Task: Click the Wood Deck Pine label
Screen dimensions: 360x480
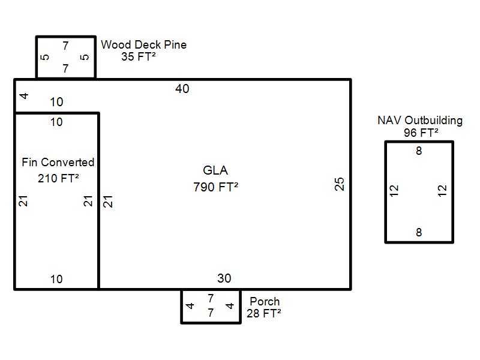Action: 143,45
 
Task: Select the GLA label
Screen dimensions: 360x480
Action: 215,171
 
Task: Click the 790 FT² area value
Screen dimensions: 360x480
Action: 216,187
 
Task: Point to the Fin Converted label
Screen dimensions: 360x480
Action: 58,162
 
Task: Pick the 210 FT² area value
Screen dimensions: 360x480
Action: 58,178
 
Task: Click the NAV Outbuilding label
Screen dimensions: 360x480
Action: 420,120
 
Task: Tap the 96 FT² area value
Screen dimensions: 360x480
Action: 421,133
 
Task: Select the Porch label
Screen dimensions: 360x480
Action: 265,301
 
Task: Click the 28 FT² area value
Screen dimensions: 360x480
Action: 264,313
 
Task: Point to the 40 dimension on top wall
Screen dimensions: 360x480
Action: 182,89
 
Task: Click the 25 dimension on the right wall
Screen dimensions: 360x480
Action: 340,184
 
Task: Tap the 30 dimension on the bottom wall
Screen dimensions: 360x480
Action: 224,278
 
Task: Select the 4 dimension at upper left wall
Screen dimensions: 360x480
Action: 24,96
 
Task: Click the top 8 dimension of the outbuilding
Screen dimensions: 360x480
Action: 419,151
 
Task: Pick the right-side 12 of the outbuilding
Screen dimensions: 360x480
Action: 443,191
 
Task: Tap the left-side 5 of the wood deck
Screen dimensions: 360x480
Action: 44,58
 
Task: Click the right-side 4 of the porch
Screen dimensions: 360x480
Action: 230,306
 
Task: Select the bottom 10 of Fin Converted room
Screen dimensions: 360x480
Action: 56,279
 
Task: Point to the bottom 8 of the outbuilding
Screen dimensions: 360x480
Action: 419,233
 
